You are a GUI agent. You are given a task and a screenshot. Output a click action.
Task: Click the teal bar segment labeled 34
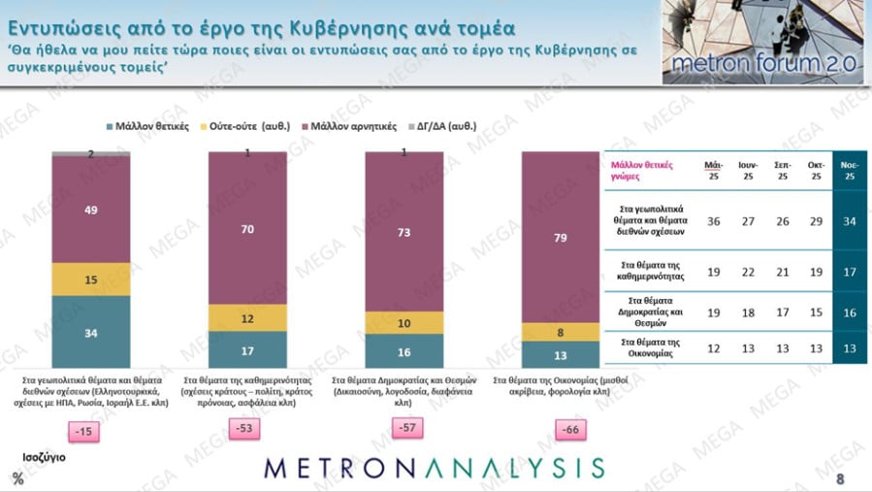[90, 333]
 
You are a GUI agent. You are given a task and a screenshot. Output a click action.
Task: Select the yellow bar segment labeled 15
[90, 279]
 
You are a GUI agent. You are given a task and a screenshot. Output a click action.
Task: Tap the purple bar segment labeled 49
[90, 209]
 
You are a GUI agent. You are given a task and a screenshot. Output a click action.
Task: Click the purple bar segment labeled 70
[247, 229]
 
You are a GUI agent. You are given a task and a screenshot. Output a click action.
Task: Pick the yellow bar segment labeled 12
[247, 317]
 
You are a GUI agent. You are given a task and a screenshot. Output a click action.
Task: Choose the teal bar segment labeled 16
[404, 350]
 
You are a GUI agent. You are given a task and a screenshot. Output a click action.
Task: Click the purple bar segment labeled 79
[561, 238]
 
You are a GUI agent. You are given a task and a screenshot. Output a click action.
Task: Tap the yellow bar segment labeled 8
[561, 332]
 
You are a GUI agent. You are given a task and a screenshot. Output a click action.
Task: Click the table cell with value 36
[713, 221]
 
